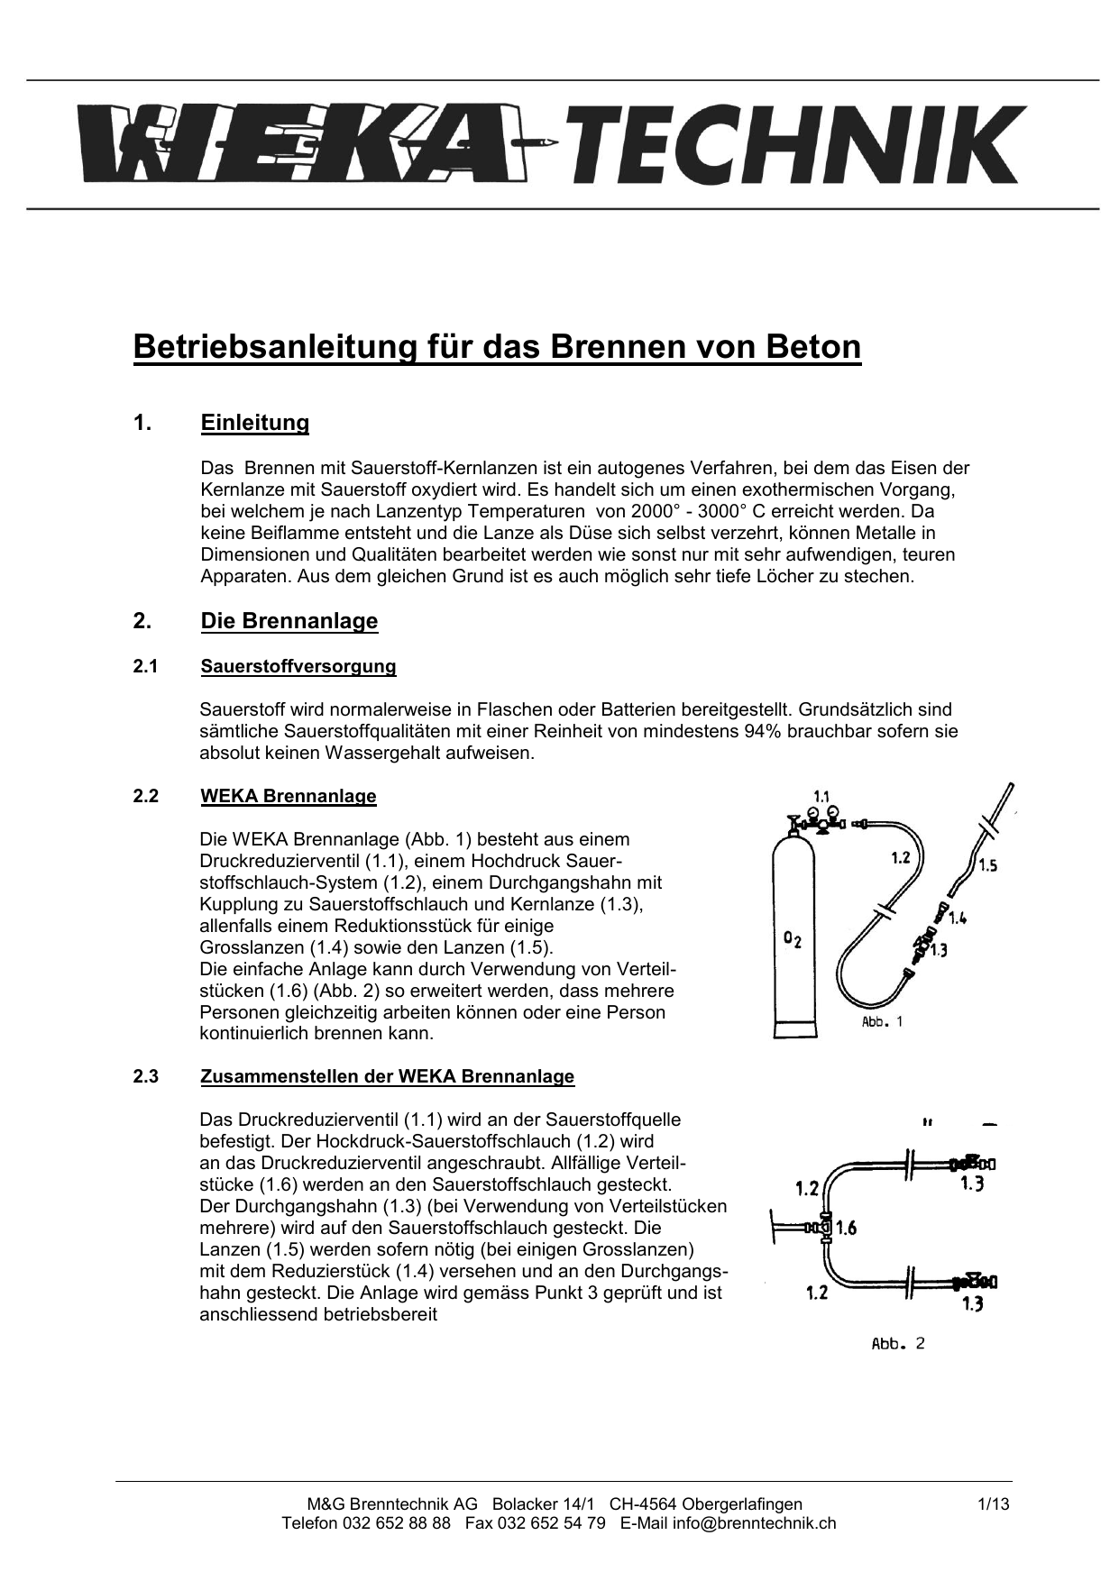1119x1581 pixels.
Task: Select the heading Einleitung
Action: coord(255,424)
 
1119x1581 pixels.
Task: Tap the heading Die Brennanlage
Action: coord(289,621)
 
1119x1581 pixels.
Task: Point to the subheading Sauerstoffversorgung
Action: coord(298,667)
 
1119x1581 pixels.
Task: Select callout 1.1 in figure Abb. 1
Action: coord(821,796)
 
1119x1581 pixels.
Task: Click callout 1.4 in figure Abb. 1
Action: coord(957,919)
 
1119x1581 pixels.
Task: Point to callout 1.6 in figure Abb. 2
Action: coord(846,1228)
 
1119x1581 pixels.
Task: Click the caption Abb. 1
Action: coord(882,1022)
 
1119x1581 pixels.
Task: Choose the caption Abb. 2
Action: coord(898,1344)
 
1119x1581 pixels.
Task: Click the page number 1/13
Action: coord(993,1503)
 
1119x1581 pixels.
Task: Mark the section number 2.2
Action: coord(146,797)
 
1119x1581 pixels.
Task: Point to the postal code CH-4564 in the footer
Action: coord(644,1503)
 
